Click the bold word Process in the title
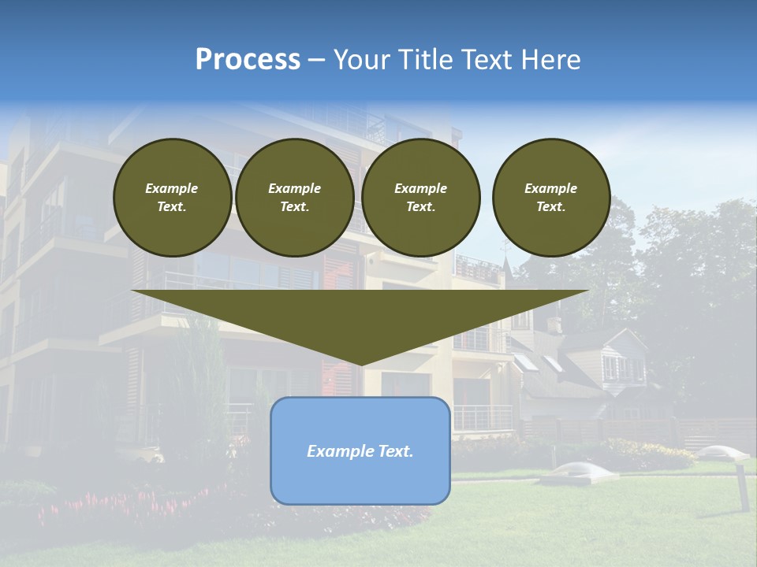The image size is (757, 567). point(248,60)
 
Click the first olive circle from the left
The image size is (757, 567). point(172,198)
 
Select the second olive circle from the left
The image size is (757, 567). point(294,198)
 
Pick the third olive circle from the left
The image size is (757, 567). point(420,198)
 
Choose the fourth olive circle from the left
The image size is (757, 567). point(551,198)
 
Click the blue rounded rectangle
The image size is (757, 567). point(360,480)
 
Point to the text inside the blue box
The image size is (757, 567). point(360,451)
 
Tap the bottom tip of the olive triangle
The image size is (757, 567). point(360,364)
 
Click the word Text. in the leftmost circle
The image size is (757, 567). point(172,207)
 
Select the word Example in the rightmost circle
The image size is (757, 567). point(551,188)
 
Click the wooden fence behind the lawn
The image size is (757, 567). point(631,429)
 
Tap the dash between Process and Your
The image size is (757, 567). point(317,60)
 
